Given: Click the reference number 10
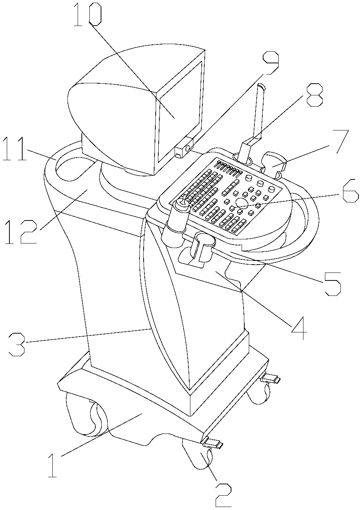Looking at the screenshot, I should pos(87,15).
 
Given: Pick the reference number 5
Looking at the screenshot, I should pos(331,283).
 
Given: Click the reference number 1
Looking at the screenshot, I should pos(53,466).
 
